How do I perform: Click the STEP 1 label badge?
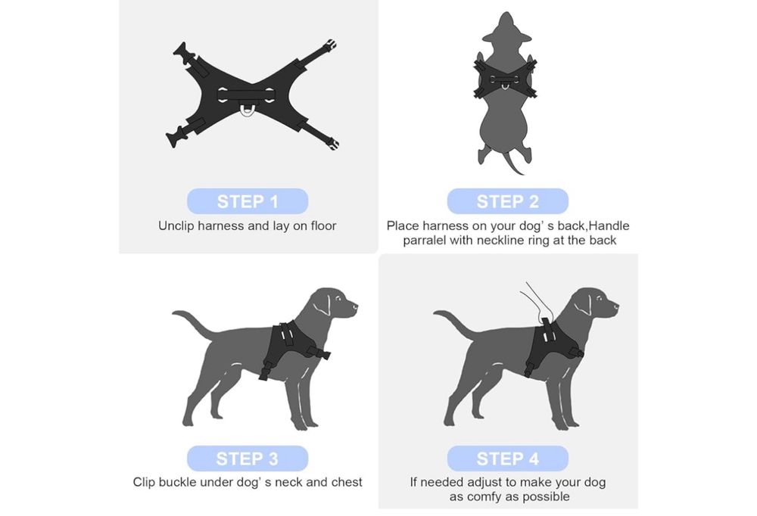[248, 201]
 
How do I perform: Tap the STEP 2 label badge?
[507, 201]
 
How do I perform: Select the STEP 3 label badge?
[248, 458]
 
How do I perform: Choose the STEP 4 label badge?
[507, 458]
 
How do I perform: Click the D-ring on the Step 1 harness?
[246, 111]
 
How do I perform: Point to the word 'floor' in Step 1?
[323, 226]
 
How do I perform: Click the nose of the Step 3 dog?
[355, 305]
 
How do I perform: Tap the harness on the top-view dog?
[505, 78]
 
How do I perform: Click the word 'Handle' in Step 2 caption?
[609, 226]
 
